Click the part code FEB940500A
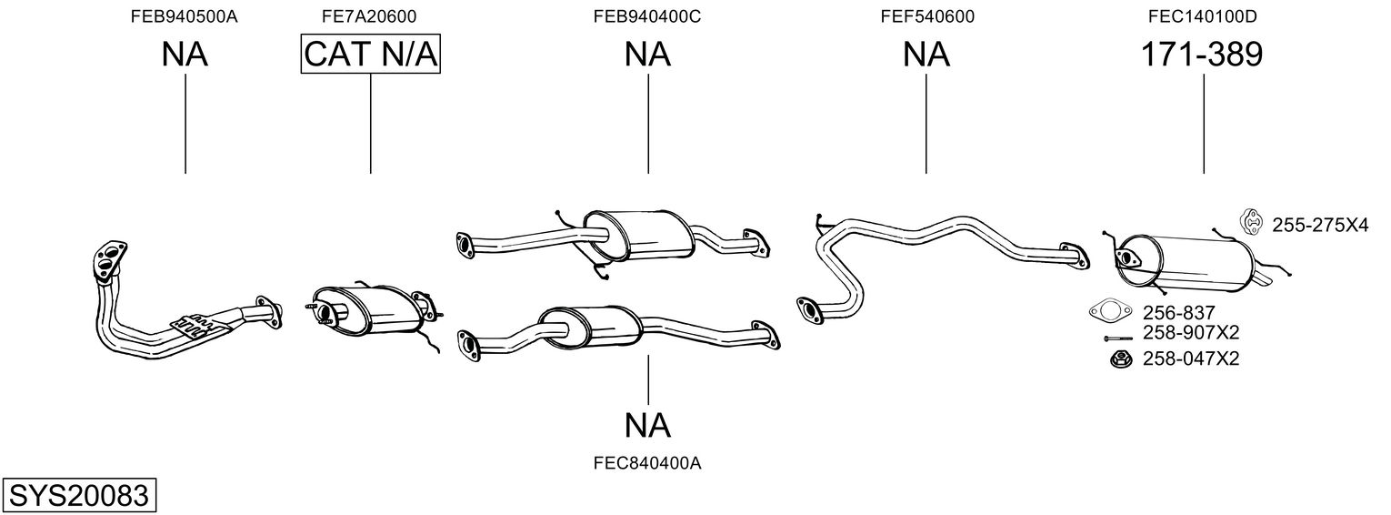(185, 16)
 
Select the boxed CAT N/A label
(370, 55)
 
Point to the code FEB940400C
(647, 16)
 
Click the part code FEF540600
(926, 16)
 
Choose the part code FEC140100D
(1204, 16)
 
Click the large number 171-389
(1202, 55)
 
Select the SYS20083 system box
(78, 496)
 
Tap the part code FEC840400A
(647, 463)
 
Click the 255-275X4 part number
(1319, 224)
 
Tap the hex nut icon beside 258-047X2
(1119, 360)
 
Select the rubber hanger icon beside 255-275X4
(1252, 221)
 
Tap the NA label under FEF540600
(926, 55)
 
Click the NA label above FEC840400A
(647, 424)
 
